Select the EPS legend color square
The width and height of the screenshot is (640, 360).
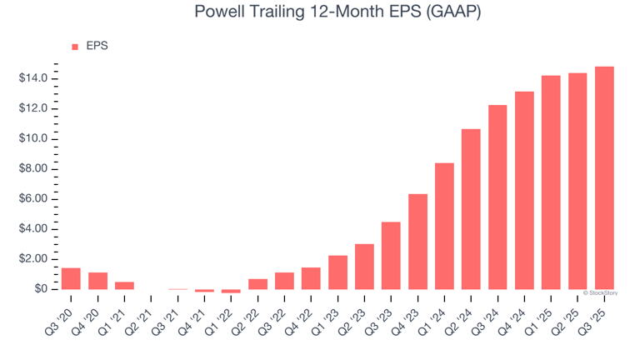pos(75,47)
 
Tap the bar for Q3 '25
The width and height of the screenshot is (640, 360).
pos(604,177)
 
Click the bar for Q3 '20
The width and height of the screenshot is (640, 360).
pos(71,278)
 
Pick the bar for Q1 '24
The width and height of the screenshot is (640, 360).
pos(444,226)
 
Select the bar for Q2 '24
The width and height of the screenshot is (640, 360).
pos(471,209)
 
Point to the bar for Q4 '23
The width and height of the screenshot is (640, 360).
pos(417,242)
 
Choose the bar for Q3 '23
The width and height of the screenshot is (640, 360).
pos(391,256)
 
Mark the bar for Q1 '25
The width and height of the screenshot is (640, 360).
pos(551,182)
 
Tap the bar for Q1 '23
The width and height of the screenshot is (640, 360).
pos(337,272)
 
